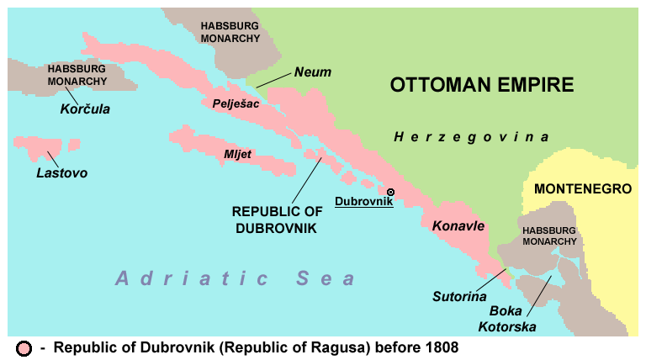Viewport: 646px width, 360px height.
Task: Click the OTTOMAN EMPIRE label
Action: pos(482,85)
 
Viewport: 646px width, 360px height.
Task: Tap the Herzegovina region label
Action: pos(471,136)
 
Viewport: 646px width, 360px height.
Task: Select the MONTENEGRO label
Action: pos(583,189)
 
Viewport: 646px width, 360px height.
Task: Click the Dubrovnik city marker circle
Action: pos(390,193)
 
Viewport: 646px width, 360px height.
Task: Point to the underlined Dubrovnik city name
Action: pos(363,201)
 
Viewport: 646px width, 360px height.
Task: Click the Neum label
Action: pos(312,72)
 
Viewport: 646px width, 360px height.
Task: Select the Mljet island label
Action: pos(236,154)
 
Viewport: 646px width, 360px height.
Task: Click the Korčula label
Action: pos(85,109)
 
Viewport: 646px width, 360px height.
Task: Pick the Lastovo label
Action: pos(62,173)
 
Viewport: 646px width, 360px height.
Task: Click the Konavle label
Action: pos(459,226)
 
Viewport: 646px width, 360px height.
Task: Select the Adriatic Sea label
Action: pos(236,278)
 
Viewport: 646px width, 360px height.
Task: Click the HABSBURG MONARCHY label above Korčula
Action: pos(77,75)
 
